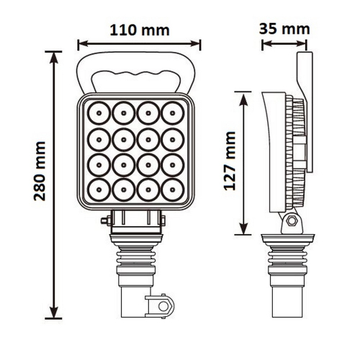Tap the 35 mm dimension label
285,29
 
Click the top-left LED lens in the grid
96,112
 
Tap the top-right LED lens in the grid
173,112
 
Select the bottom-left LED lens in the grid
96,190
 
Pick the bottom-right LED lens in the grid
173,190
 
